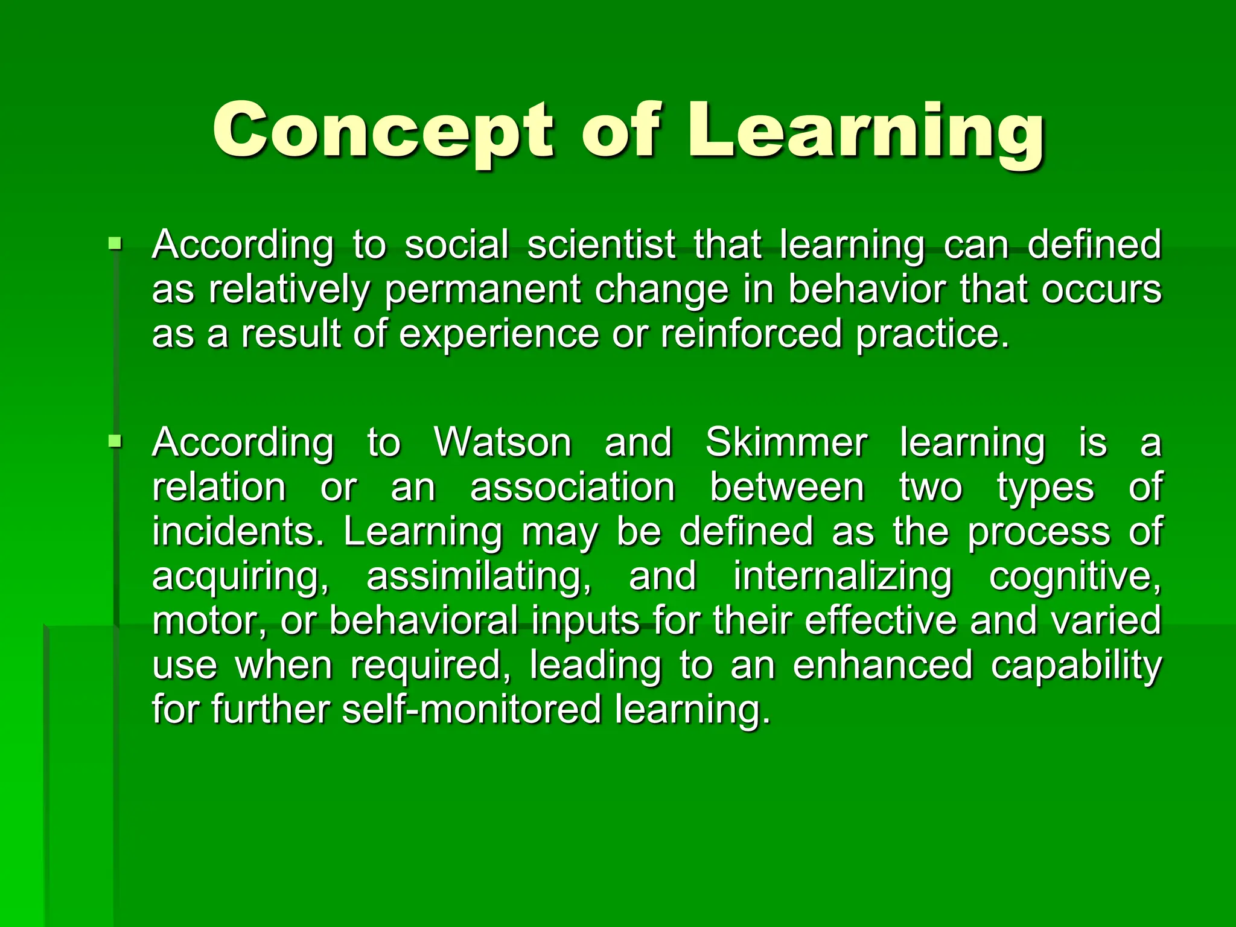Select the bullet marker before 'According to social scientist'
[114, 244]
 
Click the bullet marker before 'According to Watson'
[114, 442]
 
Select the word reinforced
[751, 334]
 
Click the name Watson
[503, 442]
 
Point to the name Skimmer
[786, 442]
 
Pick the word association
[573, 487]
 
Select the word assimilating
[479, 576]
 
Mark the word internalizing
[843, 576]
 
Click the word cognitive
[1075, 576]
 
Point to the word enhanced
[882, 664]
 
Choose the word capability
[1076, 666]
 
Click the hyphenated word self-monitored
[472, 709]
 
